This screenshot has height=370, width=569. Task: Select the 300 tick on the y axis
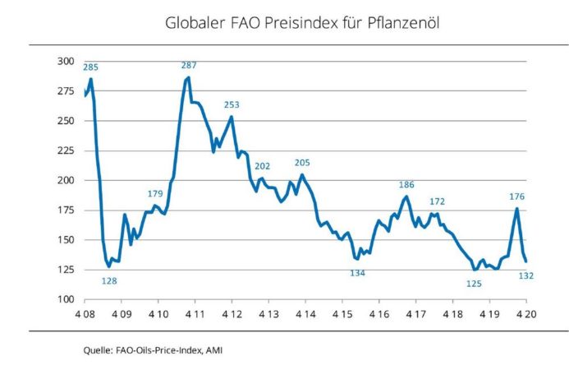65,62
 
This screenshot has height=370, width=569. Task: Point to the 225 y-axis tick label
65,150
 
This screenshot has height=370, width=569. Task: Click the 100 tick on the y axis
65,299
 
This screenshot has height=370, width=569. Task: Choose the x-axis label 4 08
85,315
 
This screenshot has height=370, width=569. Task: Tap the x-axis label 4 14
305,315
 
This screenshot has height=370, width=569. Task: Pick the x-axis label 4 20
526,315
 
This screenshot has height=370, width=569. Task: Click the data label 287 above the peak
189,65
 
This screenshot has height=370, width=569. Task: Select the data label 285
90,67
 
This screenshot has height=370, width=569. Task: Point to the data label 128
109,281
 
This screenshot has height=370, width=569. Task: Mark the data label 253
232,104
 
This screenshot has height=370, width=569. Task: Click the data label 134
357,273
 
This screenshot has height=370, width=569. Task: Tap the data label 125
474,284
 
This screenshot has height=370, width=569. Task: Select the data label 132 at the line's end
526,275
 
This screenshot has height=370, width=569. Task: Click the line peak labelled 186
406,197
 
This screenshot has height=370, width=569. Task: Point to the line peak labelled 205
302,174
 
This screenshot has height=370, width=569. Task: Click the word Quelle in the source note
98,350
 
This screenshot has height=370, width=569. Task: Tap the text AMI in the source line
213,350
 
